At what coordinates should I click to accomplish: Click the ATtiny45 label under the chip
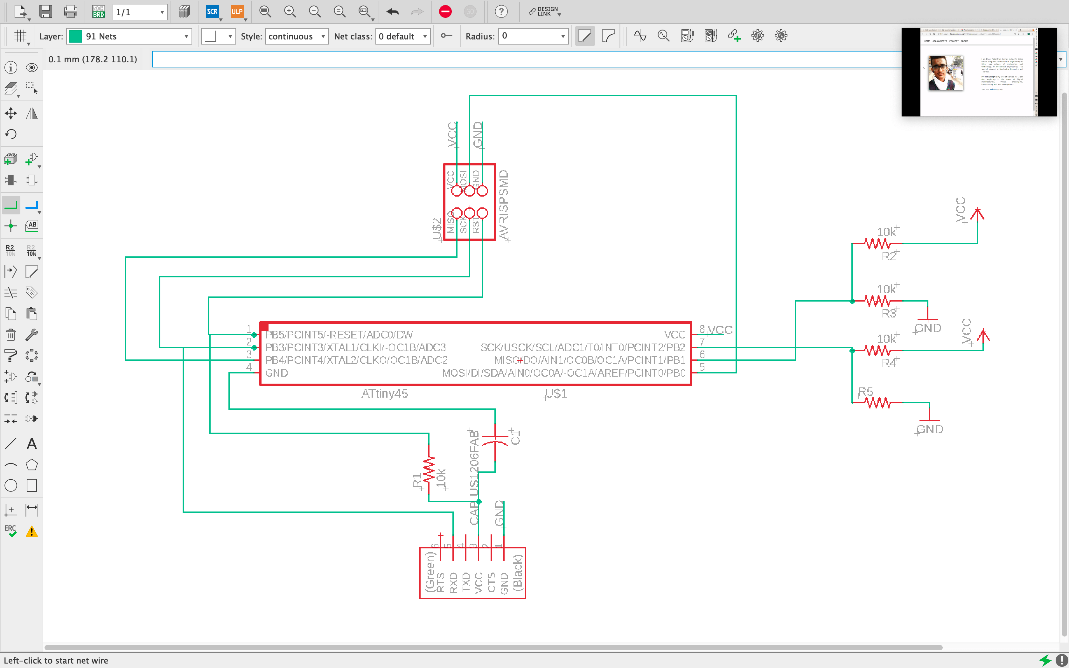coord(384,394)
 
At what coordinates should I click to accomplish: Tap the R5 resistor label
coord(865,392)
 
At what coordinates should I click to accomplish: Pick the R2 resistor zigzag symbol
coord(877,243)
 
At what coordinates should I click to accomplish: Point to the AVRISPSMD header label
coord(504,205)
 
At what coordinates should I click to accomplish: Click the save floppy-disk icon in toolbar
coord(46,11)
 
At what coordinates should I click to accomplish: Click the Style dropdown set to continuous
coord(297,36)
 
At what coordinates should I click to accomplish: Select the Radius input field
coord(533,36)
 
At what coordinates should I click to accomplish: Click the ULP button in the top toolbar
coord(237,11)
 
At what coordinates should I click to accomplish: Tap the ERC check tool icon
coord(10,531)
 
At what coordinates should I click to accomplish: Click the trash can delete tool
coord(10,335)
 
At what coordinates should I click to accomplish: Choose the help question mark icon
coord(501,11)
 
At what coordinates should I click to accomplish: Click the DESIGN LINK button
coord(544,11)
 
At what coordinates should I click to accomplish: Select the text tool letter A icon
coord(31,443)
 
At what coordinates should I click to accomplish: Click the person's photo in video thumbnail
coord(945,73)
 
